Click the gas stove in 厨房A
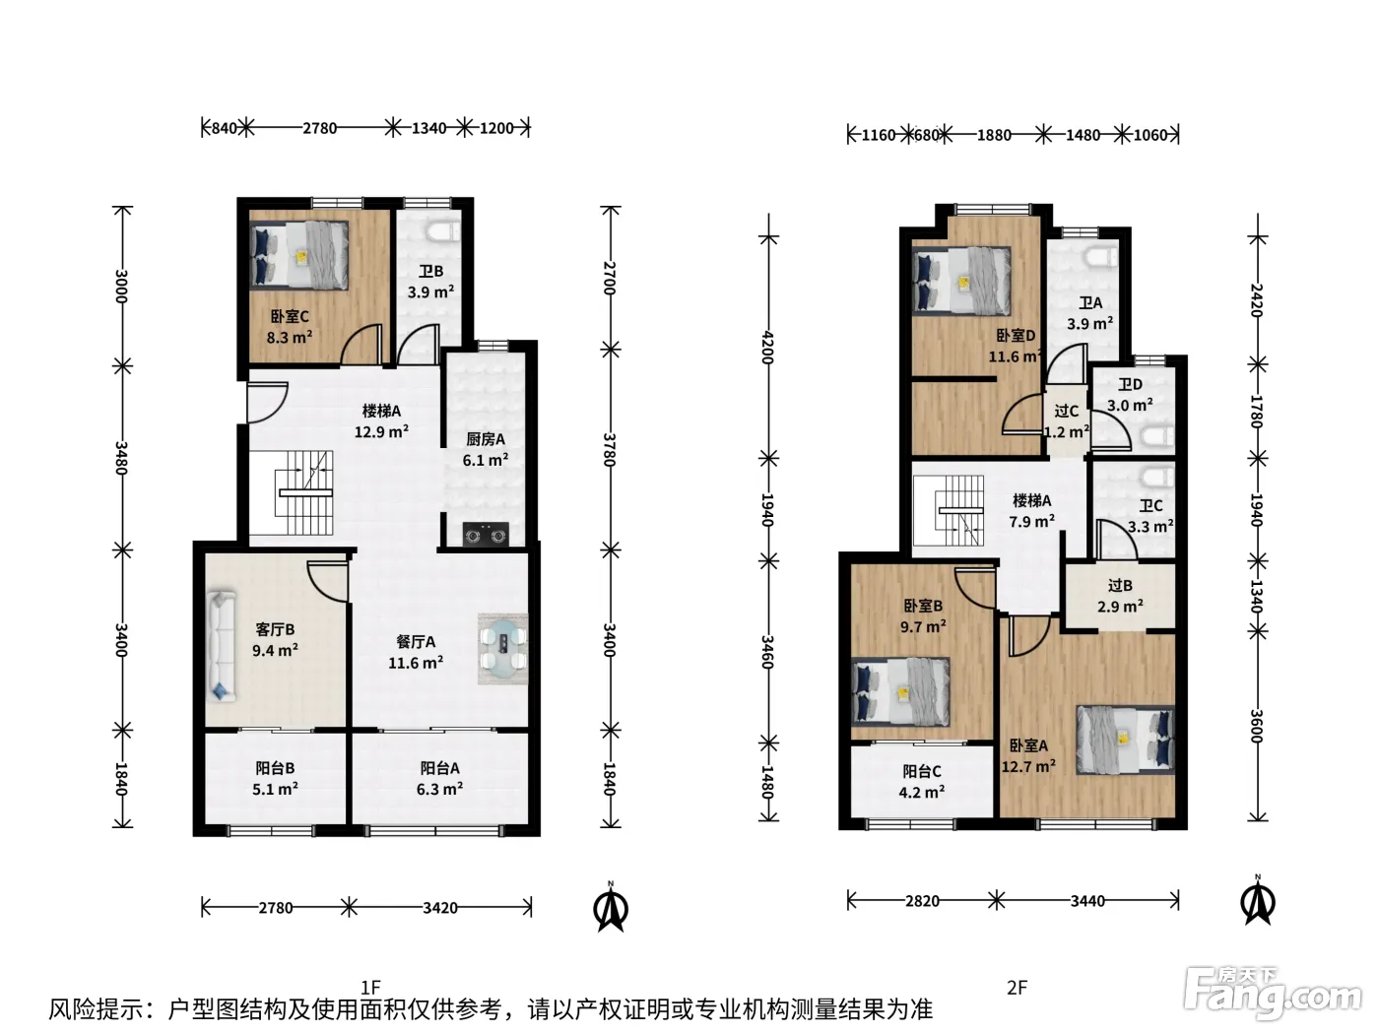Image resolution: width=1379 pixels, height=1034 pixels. point(486,535)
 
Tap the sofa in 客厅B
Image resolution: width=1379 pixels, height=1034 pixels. point(221,645)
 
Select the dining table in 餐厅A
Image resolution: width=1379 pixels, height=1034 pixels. point(502,648)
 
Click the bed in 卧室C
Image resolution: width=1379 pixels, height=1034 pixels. point(299,255)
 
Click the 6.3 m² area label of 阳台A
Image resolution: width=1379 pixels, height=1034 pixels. point(439,789)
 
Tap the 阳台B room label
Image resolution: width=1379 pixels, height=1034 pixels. point(275,768)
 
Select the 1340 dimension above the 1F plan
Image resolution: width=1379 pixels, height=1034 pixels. point(429,128)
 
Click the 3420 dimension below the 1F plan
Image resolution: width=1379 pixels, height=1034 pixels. point(439,907)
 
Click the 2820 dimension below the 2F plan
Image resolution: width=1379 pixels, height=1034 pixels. point(922,901)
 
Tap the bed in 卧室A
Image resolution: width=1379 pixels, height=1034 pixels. point(1125,739)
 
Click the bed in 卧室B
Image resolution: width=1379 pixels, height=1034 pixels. point(900,691)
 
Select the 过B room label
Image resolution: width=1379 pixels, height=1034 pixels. point(1120,586)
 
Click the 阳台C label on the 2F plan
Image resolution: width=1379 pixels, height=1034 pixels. point(922,771)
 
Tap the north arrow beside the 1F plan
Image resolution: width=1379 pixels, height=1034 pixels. point(610,908)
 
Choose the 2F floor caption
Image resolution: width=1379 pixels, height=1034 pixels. point(1018,988)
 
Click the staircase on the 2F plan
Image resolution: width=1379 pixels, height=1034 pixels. point(949,511)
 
